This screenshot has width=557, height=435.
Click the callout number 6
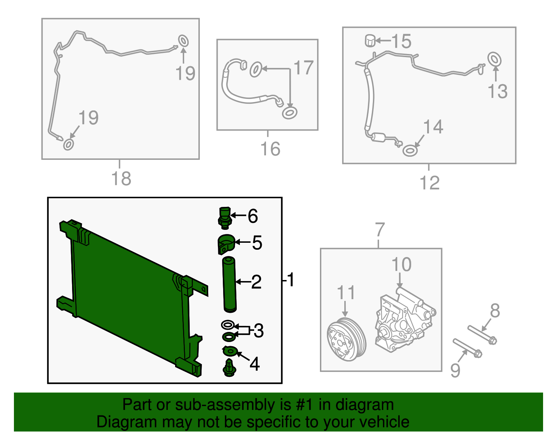(x=252, y=216)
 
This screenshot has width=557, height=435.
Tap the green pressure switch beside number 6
(x=225, y=218)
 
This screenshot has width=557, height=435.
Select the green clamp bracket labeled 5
(x=226, y=244)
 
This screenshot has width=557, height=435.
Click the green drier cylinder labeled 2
(x=229, y=284)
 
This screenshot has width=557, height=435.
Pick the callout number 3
(x=259, y=331)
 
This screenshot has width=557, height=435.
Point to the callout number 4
(x=254, y=364)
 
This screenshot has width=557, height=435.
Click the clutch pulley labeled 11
(x=346, y=339)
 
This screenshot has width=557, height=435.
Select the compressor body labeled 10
(x=405, y=320)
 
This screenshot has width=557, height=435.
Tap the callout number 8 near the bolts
(x=495, y=311)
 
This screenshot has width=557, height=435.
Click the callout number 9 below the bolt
(x=455, y=371)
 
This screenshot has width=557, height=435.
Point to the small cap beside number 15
(x=370, y=40)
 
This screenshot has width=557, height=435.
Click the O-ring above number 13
(x=494, y=59)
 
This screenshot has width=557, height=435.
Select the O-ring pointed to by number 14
(x=410, y=151)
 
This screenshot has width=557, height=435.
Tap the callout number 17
(x=304, y=68)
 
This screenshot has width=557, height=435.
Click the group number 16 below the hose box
(x=270, y=149)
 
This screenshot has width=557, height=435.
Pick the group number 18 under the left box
(x=121, y=178)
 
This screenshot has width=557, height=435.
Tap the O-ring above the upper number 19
(x=183, y=41)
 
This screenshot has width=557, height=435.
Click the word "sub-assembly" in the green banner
(x=233, y=405)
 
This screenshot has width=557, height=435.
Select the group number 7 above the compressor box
(x=380, y=230)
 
